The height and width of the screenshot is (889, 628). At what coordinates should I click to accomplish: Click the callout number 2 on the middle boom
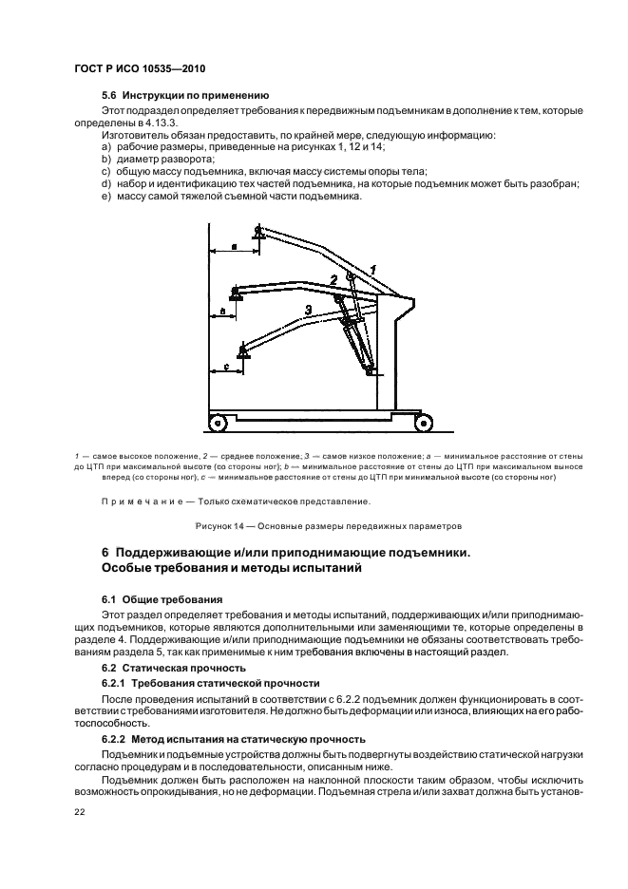(333, 279)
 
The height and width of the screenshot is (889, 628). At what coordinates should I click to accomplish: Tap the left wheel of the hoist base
(219, 421)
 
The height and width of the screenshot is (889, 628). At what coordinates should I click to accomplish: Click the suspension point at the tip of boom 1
(257, 231)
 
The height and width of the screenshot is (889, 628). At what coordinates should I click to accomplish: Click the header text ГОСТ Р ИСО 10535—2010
(140, 68)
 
